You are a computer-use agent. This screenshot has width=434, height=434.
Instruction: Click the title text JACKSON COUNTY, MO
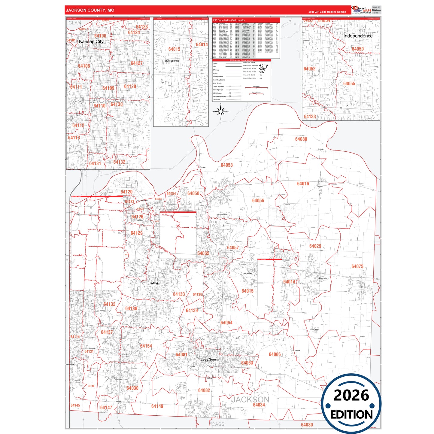(x=90, y=10)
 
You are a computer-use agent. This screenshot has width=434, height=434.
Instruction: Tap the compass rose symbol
(x=221, y=111)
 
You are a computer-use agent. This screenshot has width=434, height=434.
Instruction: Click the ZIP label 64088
(x=301, y=139)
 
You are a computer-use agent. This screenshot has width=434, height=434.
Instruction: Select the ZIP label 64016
(x=303, y=184)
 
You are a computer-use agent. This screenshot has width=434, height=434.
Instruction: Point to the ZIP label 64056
(x=258, y=201)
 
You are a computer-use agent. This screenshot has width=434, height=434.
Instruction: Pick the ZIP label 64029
(x=315, y=246)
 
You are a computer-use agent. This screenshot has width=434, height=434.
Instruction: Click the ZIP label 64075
(x=357, y=266)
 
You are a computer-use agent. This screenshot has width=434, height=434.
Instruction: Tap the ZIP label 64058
(x=227, y=165)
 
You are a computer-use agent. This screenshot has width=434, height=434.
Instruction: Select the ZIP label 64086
(x=275, y=354)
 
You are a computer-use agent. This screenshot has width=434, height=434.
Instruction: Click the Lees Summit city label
(x=210, y=359)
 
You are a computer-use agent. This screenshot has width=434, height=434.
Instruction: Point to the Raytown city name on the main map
(x=153, y=283)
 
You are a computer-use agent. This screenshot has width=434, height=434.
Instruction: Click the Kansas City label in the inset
(x=91, y=41)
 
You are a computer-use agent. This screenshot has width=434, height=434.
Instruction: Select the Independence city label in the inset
(x=358, y=36)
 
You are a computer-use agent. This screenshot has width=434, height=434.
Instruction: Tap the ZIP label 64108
(x=84, y=66)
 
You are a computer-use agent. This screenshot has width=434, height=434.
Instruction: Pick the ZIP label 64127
(x=137, y=63)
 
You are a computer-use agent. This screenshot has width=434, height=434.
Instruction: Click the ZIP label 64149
(x=157, y=406)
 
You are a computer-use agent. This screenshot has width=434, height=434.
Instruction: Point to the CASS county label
(x=218, y=424)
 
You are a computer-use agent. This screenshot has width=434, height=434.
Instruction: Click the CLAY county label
(x=74, y=23)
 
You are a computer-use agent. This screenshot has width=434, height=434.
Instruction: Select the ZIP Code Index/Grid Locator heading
(x=229, y=20)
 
